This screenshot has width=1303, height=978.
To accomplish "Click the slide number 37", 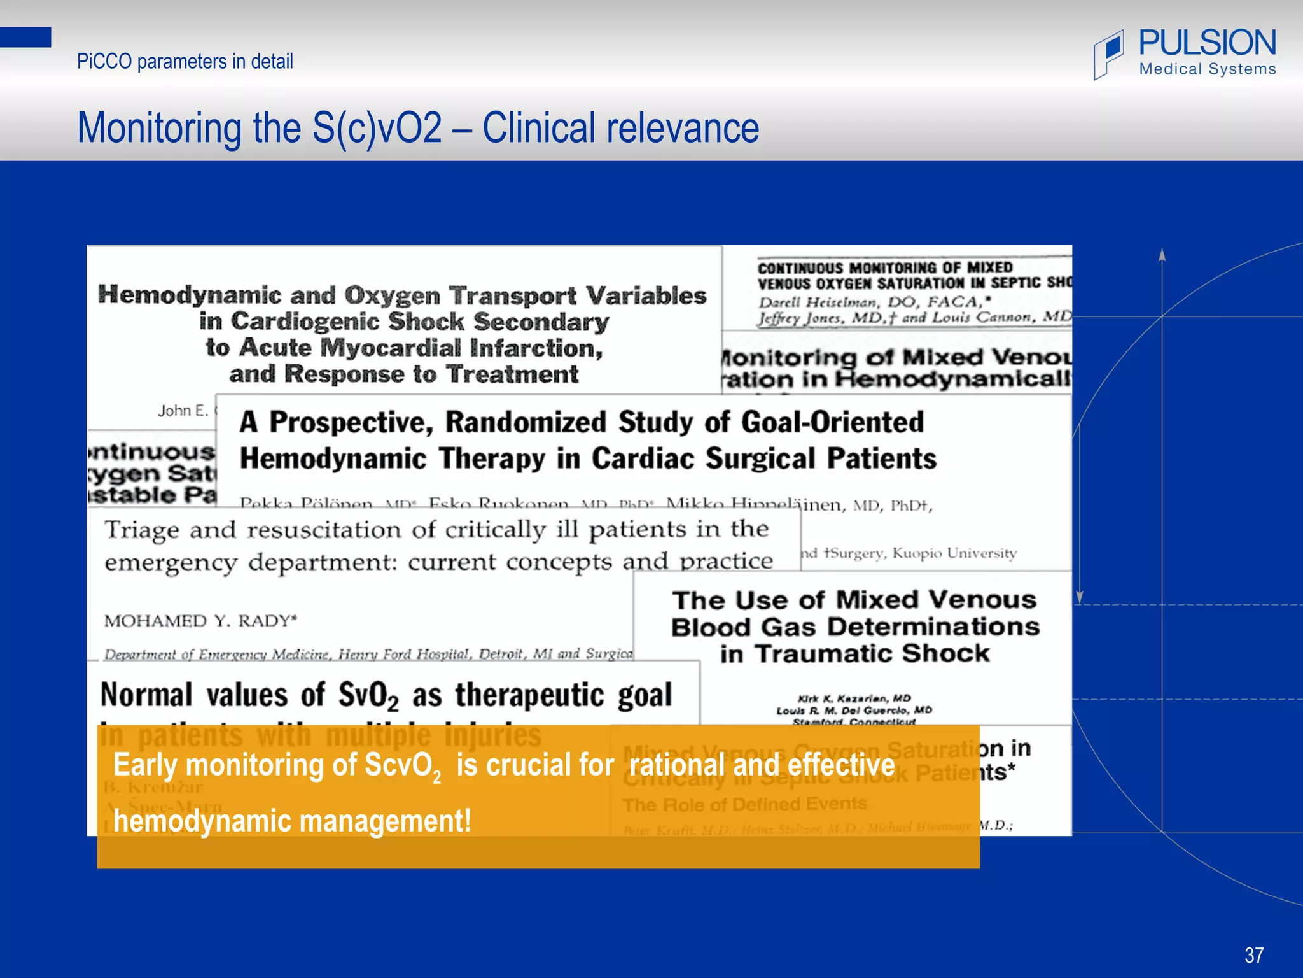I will pyautogui.click(x=1254, y=955).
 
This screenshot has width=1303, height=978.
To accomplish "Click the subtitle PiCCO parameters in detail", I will pyautogui.click(x=185, y=62).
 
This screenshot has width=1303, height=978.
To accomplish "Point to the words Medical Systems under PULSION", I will pyautogui.click(x=1208, y=69).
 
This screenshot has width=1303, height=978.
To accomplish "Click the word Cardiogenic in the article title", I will pyautogui.click(x=305, y=322).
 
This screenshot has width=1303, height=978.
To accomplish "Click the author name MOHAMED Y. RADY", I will pyautogui.click(x=200, y=621).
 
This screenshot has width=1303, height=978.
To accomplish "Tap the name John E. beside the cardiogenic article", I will pyautogui.click(x=183, y=411).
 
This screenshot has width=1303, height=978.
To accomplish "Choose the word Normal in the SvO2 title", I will pyautogui.click(x=146, y=695).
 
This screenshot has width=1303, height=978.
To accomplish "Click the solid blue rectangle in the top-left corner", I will pyautogui.click(x=25, y=37).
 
